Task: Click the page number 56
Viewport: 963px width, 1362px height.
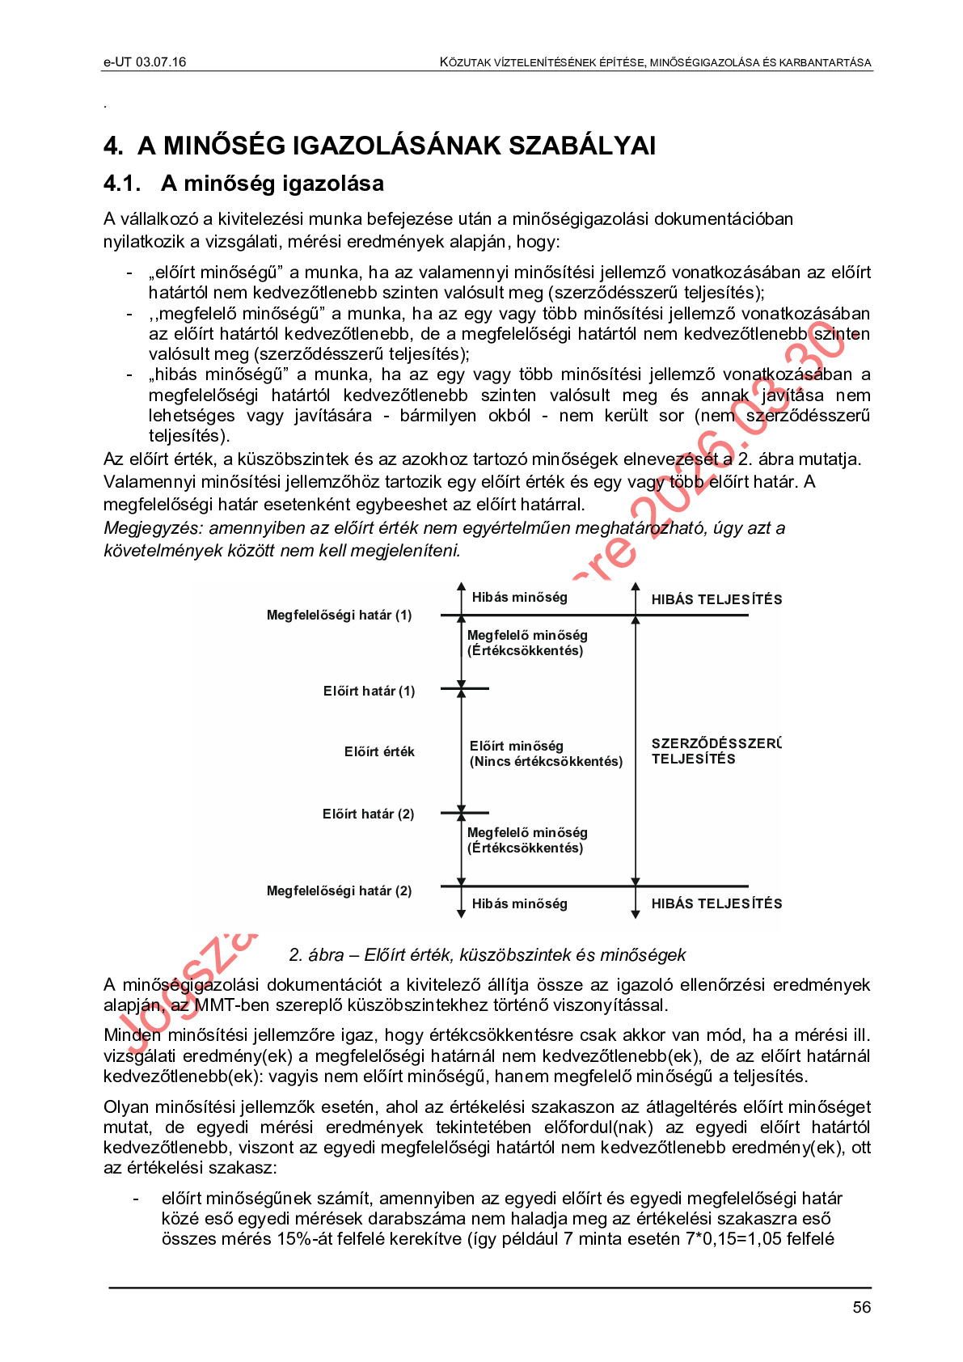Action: point(861,1307)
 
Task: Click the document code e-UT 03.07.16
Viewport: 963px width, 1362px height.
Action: point(145,62)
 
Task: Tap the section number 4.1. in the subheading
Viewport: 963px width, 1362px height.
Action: point(122,184)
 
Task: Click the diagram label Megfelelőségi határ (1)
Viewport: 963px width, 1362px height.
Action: point(339,615)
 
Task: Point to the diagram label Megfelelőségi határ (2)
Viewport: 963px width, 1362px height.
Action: point(339,891)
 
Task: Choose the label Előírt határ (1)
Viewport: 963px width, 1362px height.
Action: point(369,692)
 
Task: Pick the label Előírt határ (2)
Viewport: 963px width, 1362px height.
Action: point(368,814)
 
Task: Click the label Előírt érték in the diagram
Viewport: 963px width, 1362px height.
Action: point(379,752)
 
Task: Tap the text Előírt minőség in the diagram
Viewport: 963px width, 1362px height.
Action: point(516,746)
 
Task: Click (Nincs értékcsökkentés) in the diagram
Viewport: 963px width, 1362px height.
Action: point(546,762)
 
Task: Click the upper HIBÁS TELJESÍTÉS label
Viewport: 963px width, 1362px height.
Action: point(716,600)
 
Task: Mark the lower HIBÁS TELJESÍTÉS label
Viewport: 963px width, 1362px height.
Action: point(716,904)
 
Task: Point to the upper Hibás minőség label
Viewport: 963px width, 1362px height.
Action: point(519,598)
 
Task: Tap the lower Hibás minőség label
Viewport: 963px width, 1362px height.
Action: point(519,904)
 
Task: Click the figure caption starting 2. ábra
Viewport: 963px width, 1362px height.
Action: point(487,955)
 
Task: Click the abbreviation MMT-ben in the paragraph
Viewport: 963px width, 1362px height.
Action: point(228,1005)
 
